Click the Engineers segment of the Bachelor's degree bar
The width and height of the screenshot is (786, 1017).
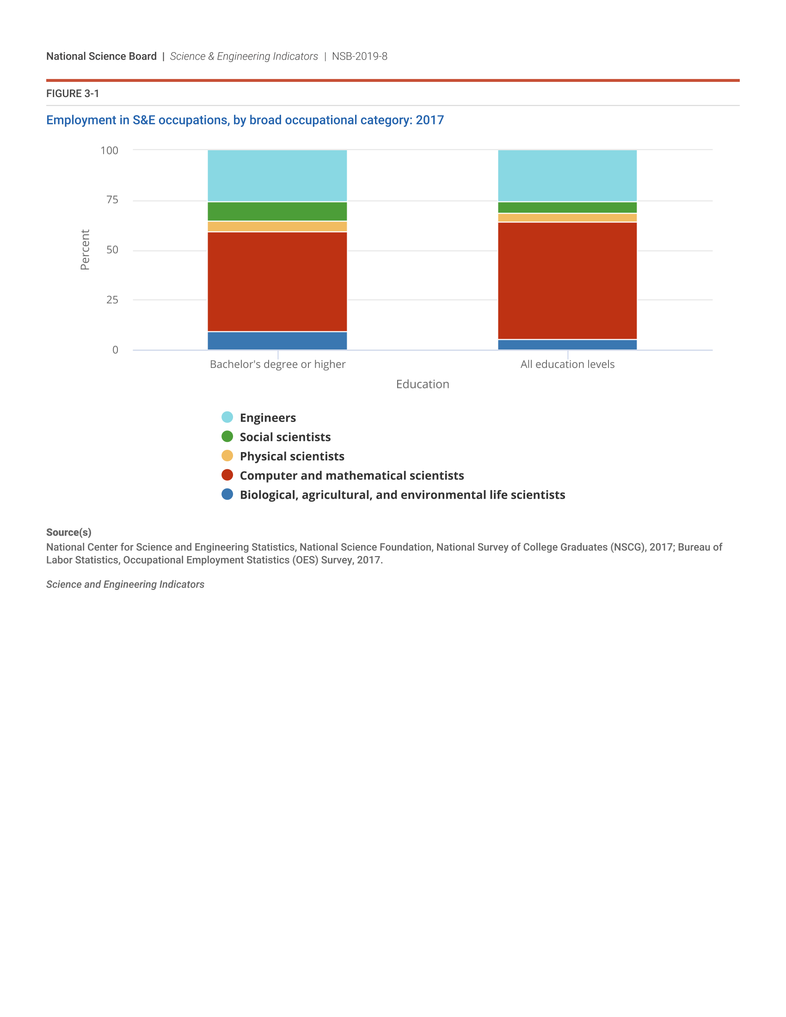pyautogui.click(x=277, y=176)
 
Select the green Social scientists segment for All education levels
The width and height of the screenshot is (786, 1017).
pyautogui.click(x=567, y=208)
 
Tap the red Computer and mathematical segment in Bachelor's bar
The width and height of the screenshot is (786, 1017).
pyautogui.click(x=277, y=282)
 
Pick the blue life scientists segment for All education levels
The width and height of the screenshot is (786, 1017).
pyautogui.click(x=567, y=344)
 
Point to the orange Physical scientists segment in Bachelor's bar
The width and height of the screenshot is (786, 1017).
pyautogui.click(x=277, y=227)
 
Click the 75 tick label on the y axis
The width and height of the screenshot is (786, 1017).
pyautogui.click(x=112, y=200)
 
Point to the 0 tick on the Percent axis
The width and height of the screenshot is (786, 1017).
pyautogui.click(x=115, y=350)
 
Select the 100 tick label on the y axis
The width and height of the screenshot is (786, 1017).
pyautogui.click(x=110, y=150)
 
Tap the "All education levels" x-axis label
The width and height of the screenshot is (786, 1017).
pyautogui.click(x=567, y=364)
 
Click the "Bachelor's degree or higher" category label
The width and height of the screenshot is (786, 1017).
pyautogui.click(x=277, y=364)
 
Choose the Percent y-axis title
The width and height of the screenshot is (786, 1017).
pyautogui.click(x=85, y=250)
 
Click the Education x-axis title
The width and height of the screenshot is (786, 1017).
pyautogui.click(x=422, y=384)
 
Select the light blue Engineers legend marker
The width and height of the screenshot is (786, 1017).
pyautogui.click(x=227, y=417)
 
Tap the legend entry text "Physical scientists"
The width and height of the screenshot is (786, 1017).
pyautogui.click(x=292, y=456)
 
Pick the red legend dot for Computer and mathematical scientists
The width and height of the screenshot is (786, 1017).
pyautogui.click(x=227, y=475)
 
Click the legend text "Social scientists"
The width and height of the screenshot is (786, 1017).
pyautogui.click(x=285, y=437)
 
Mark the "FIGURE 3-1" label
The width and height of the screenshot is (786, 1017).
pyautogui.click(x=73, y=93)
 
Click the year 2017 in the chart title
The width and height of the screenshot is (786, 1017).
pyautogui.click(x=430, y=120)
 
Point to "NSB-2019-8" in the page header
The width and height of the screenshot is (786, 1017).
pyautogui.click(x=359, y=56)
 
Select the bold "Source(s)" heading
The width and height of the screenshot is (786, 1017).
pyautogui.click(x=68, y=532)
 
